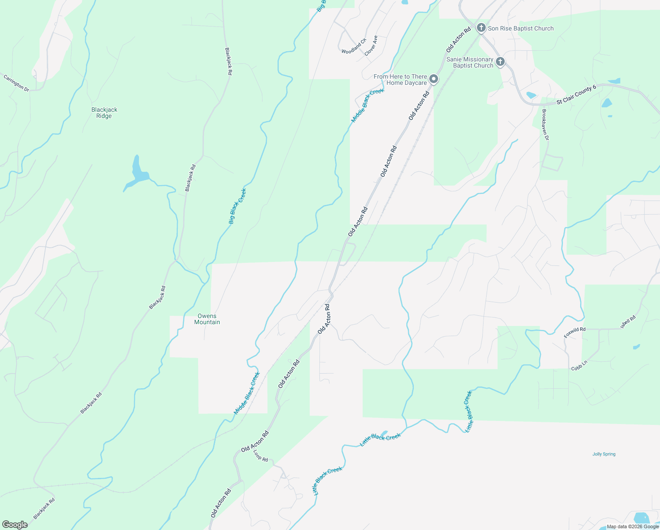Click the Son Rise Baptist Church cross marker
(481, 28)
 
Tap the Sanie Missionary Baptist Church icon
(500, 62)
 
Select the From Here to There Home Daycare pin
(434, 79)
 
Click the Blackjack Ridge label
(104, 113)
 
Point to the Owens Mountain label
(207, 319)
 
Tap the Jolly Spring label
(604, 454)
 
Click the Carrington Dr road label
(16, 83)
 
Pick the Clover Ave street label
(371, 45)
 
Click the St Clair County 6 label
(576, 95)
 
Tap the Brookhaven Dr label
(545, 125)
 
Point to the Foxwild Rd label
(574, 333)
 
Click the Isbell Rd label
(628, 322)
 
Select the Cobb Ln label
(579, 366)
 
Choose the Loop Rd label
(261, 456)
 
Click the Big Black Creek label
(237, 206)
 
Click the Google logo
(15, 524)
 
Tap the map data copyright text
(632, 526)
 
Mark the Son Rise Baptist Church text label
(521, 28)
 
